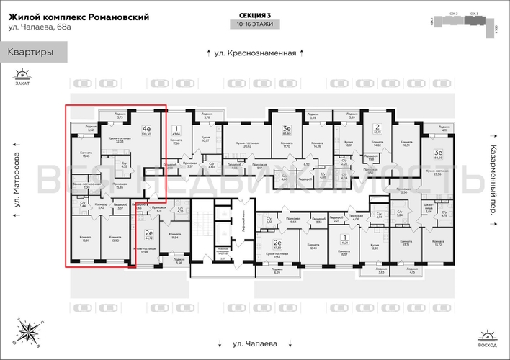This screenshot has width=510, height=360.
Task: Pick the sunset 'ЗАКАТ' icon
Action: click(22, 77)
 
